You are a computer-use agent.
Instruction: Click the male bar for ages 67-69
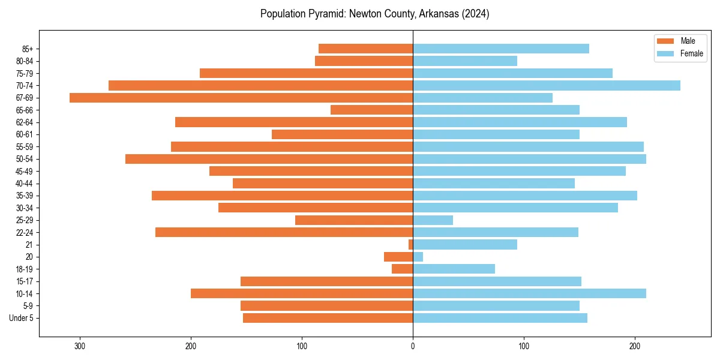240,98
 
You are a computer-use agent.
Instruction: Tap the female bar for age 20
418,257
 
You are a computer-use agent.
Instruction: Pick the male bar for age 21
411,245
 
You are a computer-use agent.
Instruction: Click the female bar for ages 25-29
433,220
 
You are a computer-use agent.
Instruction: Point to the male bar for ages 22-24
284,232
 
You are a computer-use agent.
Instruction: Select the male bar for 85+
365,49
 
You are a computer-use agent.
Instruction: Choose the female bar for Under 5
500,318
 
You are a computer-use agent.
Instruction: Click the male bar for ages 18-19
402,269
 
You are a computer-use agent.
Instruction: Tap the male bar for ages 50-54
269,159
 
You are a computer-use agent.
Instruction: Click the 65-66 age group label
24,110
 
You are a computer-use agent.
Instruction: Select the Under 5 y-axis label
21,318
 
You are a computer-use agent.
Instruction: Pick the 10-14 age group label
24,293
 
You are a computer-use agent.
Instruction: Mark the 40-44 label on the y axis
24,184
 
